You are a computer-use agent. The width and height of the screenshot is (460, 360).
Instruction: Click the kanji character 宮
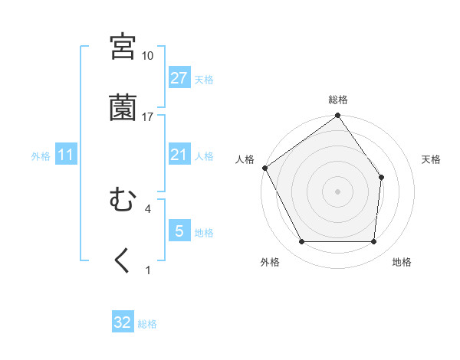123,47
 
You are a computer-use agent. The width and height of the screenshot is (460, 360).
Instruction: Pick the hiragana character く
123,260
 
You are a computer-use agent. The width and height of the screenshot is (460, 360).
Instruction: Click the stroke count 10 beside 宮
148,56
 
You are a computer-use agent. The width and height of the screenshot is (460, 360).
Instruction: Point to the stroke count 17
148,116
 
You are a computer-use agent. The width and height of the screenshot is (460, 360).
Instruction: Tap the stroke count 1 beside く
147,270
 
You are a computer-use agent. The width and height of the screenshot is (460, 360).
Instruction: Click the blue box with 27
179,78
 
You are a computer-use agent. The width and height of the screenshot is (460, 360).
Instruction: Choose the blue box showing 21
179,155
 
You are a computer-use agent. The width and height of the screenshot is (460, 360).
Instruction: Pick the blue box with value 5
179,231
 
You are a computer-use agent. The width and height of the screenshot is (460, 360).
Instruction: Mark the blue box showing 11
66,155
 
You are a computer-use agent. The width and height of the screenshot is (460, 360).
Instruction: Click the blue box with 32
123,322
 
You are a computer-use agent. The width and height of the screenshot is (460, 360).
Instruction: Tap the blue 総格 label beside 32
147,324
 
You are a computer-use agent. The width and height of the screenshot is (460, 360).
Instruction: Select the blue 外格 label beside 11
41,156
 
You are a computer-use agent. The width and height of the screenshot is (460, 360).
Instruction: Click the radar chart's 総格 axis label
338,100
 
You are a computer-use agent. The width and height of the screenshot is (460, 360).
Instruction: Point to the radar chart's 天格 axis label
432,159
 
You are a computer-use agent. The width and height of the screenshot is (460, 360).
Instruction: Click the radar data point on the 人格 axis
264,168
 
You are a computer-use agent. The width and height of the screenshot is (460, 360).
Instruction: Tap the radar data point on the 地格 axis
374,242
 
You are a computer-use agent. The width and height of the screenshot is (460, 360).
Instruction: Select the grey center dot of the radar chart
337,191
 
